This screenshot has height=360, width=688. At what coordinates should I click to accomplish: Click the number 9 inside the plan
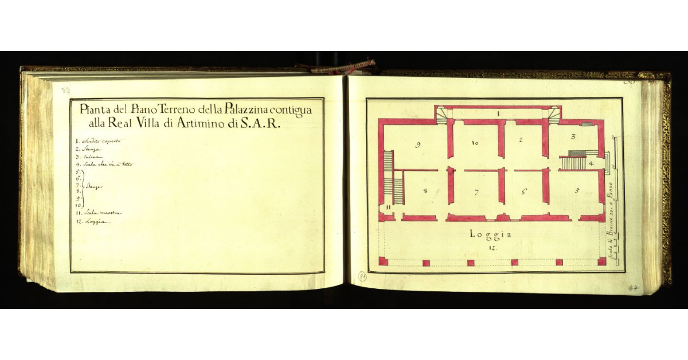(418, 144)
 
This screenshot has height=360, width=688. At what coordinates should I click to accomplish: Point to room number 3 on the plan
(573, 138)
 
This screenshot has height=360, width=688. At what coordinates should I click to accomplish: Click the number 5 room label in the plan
(577, 190)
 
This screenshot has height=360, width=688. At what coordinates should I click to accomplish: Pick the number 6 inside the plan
(523, 192)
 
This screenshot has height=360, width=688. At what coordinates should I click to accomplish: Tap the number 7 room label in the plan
(476, 193)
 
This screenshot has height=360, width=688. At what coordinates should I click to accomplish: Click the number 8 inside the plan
(425, 191)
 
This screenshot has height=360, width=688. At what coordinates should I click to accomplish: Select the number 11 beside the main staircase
(388, 207)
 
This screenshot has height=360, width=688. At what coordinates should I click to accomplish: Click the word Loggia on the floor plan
(490, 234)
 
